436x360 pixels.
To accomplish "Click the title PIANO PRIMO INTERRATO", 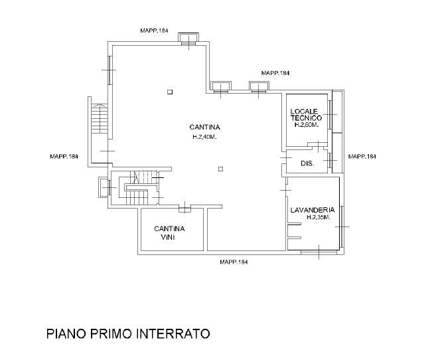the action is click(128, 333).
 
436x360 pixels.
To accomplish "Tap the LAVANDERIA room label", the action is click(313, 210).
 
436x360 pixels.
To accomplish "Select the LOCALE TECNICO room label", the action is click(306, 115).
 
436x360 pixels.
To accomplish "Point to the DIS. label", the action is click(307, 163).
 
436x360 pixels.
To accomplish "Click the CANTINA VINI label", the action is click(169, 233).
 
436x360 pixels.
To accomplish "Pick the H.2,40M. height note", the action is click(204, 137).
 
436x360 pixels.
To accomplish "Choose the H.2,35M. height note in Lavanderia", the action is click(319, 218).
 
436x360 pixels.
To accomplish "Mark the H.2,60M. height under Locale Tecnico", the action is click(306, 125).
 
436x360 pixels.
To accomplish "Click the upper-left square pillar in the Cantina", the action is click(170, 92).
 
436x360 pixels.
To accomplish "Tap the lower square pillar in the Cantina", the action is click(220, 169).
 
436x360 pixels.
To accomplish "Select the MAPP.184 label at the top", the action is click(154, 31).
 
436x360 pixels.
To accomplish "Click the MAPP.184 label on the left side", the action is click(64, 156).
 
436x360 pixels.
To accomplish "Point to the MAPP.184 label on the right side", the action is click(362, 156).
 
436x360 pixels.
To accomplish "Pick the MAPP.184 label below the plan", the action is click(234, 262).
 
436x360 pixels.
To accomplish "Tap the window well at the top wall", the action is click(188, 39).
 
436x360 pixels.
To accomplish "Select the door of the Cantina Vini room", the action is click(184, 208).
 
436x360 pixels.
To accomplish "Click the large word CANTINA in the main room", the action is click(204, 127).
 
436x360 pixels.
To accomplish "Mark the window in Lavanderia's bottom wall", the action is click(319, 252).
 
